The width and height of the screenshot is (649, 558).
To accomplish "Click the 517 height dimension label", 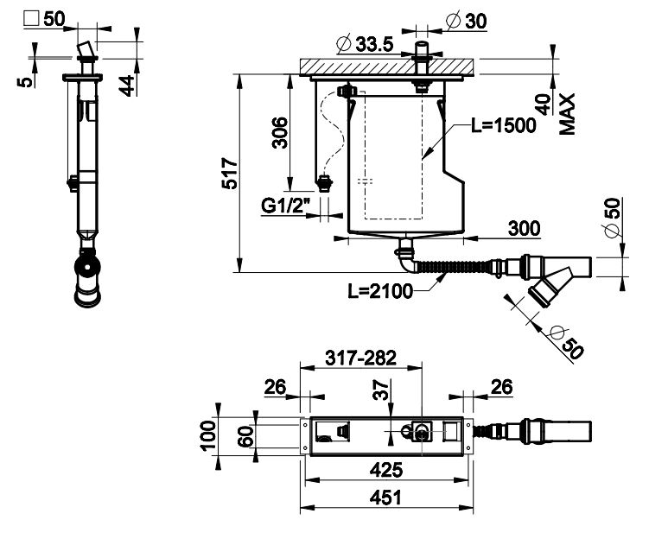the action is pos(230,173).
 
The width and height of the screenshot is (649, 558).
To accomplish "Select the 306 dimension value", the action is pos(280,132).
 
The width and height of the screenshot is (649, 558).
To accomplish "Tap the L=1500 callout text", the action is pos(504,125).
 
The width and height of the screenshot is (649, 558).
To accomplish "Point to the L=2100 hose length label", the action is pos(380,291).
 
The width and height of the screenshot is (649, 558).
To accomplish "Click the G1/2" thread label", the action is pos(285,206).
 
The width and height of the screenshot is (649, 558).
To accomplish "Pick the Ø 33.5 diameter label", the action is pos(365,44).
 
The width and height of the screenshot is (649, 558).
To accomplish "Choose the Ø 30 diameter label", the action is pos(466,21).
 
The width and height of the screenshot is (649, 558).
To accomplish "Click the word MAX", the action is pos(568,114).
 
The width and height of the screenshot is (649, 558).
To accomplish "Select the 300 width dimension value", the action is pos(524,228).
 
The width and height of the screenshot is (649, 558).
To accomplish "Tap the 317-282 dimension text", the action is pos(361,358).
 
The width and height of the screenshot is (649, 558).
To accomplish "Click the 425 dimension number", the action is pos(385,470).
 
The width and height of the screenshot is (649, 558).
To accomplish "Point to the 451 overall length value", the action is pos(385,498).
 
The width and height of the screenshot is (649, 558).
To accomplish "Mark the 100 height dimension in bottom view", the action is pos(208,435).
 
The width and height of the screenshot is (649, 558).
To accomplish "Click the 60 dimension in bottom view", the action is pos(245,436).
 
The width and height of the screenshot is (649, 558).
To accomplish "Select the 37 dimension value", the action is pos(381,390).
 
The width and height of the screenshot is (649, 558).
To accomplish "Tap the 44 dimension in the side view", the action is pos(127,86).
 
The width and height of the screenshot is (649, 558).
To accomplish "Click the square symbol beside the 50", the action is pos(31,19).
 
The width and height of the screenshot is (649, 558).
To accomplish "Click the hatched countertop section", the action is pos(387,67).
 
